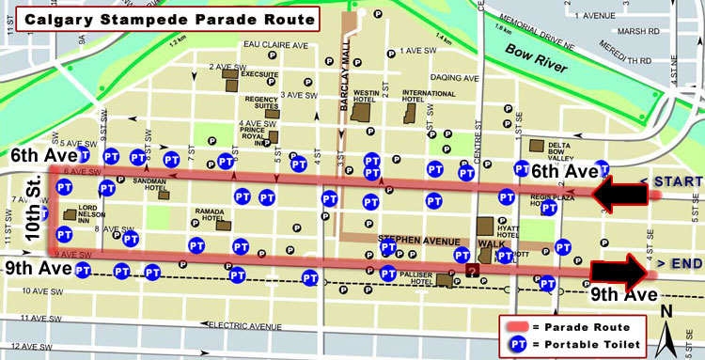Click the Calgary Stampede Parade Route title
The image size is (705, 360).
point(161,18)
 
